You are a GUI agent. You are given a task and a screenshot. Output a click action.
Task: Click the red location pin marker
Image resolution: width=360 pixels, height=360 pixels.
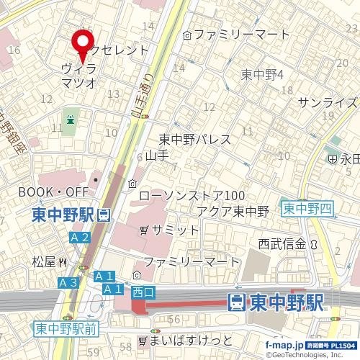tap(84, 45)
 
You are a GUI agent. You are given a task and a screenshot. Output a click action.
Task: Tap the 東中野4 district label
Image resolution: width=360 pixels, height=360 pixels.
tap(263, 74)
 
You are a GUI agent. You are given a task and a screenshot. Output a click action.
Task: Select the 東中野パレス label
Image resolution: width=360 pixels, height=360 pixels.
tap(194, 140)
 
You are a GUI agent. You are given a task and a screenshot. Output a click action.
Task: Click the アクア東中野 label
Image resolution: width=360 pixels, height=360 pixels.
tap(233, 211)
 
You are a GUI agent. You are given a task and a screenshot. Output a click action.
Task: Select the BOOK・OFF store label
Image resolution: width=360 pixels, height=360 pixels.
tap(53, 192)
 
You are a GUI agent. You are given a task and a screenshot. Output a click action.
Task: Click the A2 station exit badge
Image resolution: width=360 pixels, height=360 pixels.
tap(80, 237)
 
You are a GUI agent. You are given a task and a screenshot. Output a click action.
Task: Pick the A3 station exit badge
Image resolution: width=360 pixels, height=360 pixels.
tap(68, 283)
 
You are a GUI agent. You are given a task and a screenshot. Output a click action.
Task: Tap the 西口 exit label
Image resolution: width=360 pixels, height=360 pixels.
tap(144, 291)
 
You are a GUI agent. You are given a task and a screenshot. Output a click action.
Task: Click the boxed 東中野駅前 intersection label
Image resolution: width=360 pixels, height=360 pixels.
tap(66, 329)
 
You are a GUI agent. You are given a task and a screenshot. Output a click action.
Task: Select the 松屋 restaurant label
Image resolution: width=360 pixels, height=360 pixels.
tap(45, 262)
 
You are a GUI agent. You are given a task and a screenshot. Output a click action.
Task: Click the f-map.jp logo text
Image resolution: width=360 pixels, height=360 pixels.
tap(283, 345)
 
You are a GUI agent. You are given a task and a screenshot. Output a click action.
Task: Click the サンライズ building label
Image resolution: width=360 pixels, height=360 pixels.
tap(328, 102)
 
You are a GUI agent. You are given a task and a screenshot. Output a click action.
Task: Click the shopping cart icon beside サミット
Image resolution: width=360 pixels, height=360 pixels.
tap(145, 230)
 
